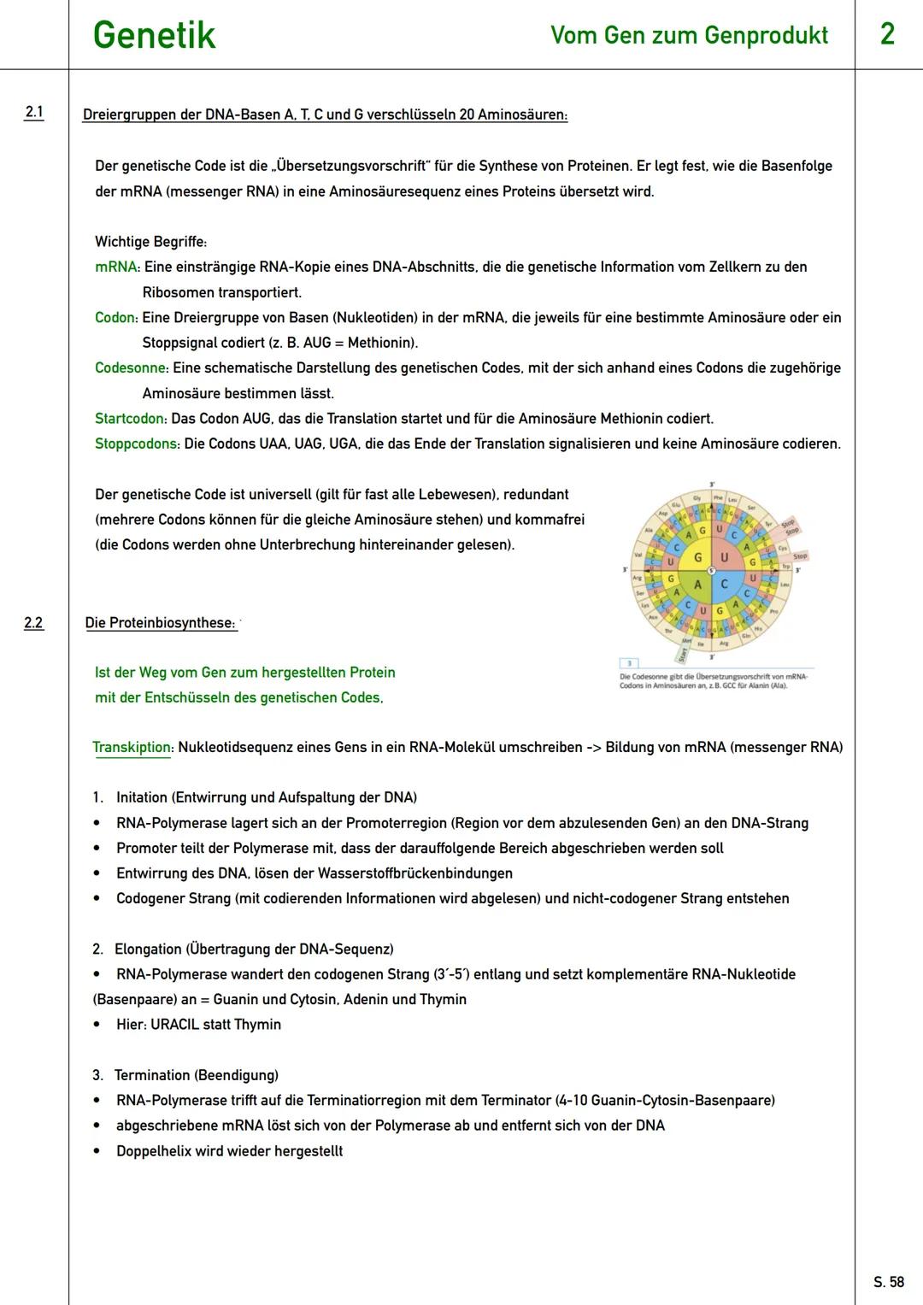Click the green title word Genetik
pos(154,36)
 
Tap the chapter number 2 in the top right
pos(887,34)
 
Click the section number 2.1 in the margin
pos(33,112)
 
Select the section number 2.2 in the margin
pos(33,623)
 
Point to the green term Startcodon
pos(130,419)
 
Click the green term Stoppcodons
pos(136,444)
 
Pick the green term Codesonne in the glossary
pos(131,368)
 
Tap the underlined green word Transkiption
pos(132,747)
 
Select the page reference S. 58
pos(889,1282)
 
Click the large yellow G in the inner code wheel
pos(697,558)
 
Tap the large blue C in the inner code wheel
pos(724,585)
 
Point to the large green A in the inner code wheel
pos(697,585)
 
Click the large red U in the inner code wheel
pos(724,558)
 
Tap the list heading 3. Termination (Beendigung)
pos(185,1075)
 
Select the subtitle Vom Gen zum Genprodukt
pos(689,35)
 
